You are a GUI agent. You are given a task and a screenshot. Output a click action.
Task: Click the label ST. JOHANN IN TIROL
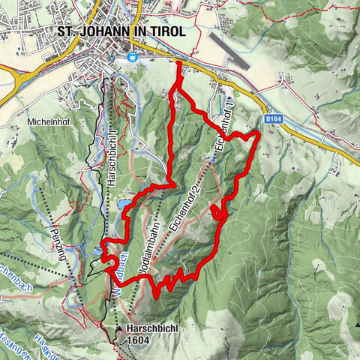click(x=128, y=32)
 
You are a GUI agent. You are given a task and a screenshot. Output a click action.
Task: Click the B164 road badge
click(x=274, y=118)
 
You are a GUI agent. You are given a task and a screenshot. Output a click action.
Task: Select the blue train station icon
click(x=133, y=57)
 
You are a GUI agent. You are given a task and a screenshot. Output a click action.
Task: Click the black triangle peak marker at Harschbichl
click(x=118, y=328)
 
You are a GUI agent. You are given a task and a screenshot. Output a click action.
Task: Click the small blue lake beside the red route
click(x=122, y=203)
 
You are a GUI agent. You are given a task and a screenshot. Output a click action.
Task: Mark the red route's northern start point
click(x=179, y=66)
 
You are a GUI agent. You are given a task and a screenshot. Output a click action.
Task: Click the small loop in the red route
click(x=219, y=214)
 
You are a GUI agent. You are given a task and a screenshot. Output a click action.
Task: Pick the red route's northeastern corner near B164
click(x=257, y=133)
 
